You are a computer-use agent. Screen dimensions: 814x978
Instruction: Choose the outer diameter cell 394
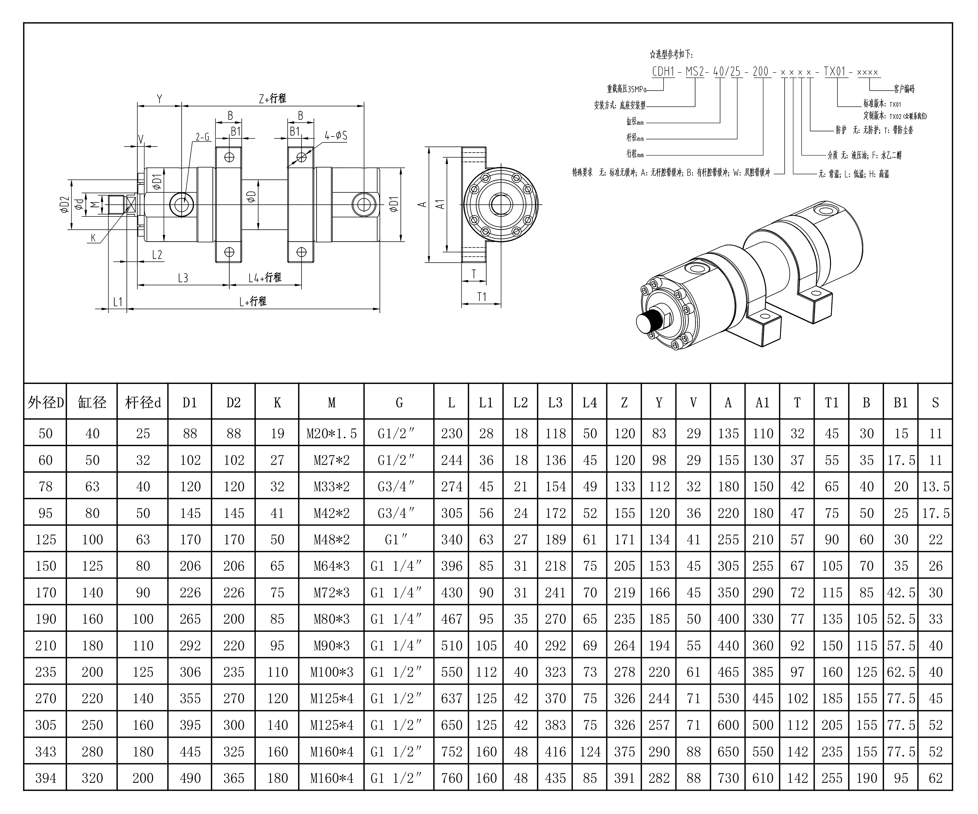(x=45, y=778)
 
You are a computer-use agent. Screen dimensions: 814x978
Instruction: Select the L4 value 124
(x=590, y=751)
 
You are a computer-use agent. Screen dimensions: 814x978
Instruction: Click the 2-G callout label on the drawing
(x=202, y=137)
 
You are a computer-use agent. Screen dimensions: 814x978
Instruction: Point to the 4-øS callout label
(x=336, y=136)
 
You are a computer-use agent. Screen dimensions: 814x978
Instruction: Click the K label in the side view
(x=93, y=238)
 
